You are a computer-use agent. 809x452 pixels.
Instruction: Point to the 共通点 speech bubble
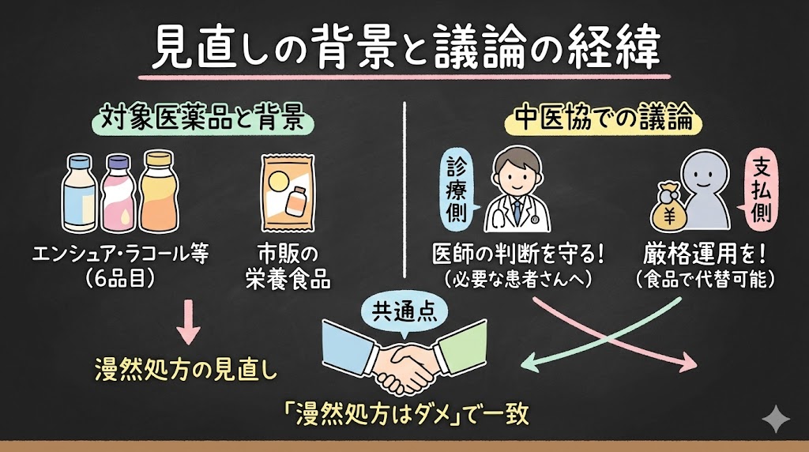click(397, 315)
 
